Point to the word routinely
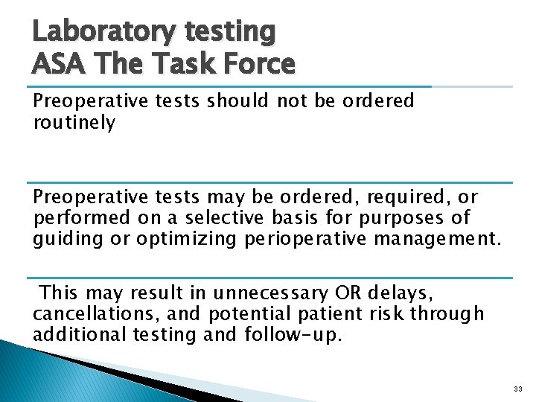[x=74, y=124]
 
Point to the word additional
[x=80, y=334]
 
